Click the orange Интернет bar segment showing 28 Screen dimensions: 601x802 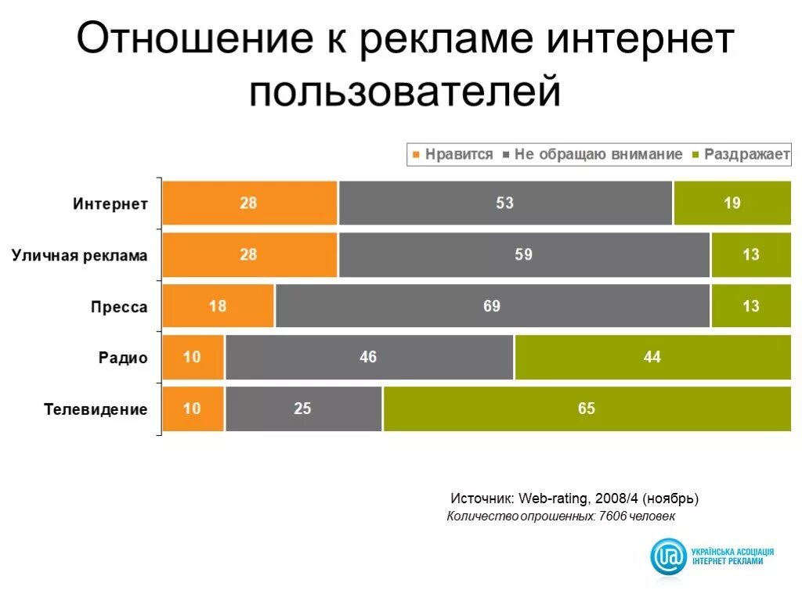pos(249,203)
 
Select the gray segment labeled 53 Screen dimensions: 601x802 pos(505,203)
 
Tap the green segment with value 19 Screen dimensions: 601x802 pos(732,203)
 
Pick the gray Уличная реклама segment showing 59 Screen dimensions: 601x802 pos(524,255)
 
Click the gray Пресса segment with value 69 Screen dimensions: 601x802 pos(492,306)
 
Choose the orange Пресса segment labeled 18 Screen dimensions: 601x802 pos(218,306)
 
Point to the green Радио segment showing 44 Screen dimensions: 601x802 pos(652,358)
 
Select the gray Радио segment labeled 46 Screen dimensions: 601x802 pos(369,358)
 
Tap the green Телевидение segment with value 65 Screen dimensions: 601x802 pos(587,408)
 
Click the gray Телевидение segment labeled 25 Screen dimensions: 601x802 pos(303,408)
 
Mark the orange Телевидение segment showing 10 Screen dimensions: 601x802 pos(193,408)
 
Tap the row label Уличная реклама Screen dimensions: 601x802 pos(79,256)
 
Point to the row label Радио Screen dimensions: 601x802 pos(123,358)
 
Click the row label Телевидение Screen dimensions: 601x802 pos(96,409)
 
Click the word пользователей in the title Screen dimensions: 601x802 pos(406,91)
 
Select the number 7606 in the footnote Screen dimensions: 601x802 pos(613,516)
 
